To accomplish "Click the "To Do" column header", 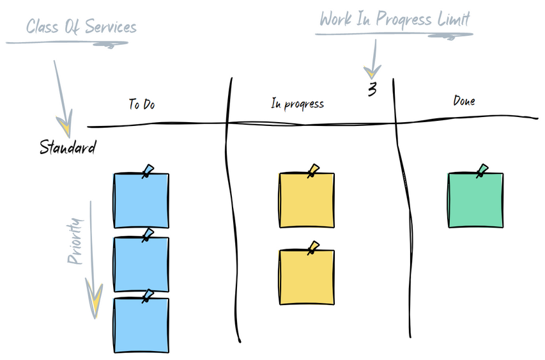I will pyautogui.click(x=141, y=104).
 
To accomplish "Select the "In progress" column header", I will pyautogui.click(x=297, y=104).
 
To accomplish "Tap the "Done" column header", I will pyautogui.click(x=464, y=100).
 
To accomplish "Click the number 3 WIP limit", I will pyautogui.click(x=372, y=90).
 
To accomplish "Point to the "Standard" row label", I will pyautogui.click(x=68, y=148).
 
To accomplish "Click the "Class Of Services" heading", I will pyautogui.click(x=81, y=27).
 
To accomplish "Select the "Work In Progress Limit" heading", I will pyautogui.click(x=395, y=19).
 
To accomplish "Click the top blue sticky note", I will pyautogui.click(x=141, y=201).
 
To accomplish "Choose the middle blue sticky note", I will pyautogui.click(x=141, y=265).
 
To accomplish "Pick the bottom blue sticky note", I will pyautogui.click(x=141, y=325).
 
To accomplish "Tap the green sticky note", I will pyautogui.click(x=475, y=200).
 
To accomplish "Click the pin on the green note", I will pyautogui.click(x=482, y=170).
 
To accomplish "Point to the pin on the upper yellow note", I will pyautogui.click(x=313, y=170).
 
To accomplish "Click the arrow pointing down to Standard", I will pyautogui.click(x=62, y=96).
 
